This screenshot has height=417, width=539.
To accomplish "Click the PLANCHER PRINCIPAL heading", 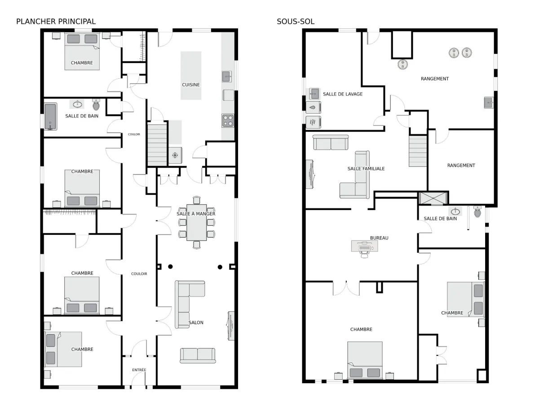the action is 56,22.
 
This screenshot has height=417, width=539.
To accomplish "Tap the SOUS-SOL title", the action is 296,22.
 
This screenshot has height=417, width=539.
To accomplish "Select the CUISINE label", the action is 191,85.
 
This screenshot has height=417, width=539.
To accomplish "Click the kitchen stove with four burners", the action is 228,121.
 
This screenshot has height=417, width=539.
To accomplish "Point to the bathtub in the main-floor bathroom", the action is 51,117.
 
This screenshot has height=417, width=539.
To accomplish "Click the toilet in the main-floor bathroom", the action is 96,104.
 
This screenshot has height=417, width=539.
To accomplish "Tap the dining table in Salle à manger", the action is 196,222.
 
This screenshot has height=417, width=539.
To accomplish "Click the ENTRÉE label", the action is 139,370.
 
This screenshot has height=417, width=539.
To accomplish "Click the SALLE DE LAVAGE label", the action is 343,94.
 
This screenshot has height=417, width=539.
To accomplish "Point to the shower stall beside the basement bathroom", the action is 433,198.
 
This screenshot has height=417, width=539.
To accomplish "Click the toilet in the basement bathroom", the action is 477,211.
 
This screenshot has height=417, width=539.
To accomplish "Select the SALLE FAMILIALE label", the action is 366,169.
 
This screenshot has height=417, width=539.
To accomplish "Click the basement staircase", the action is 418,151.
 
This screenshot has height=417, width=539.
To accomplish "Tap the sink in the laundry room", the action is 314,94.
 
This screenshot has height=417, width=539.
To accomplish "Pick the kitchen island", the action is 191,76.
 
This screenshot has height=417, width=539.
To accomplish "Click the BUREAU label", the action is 379,238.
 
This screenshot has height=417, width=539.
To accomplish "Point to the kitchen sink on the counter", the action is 227,76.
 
